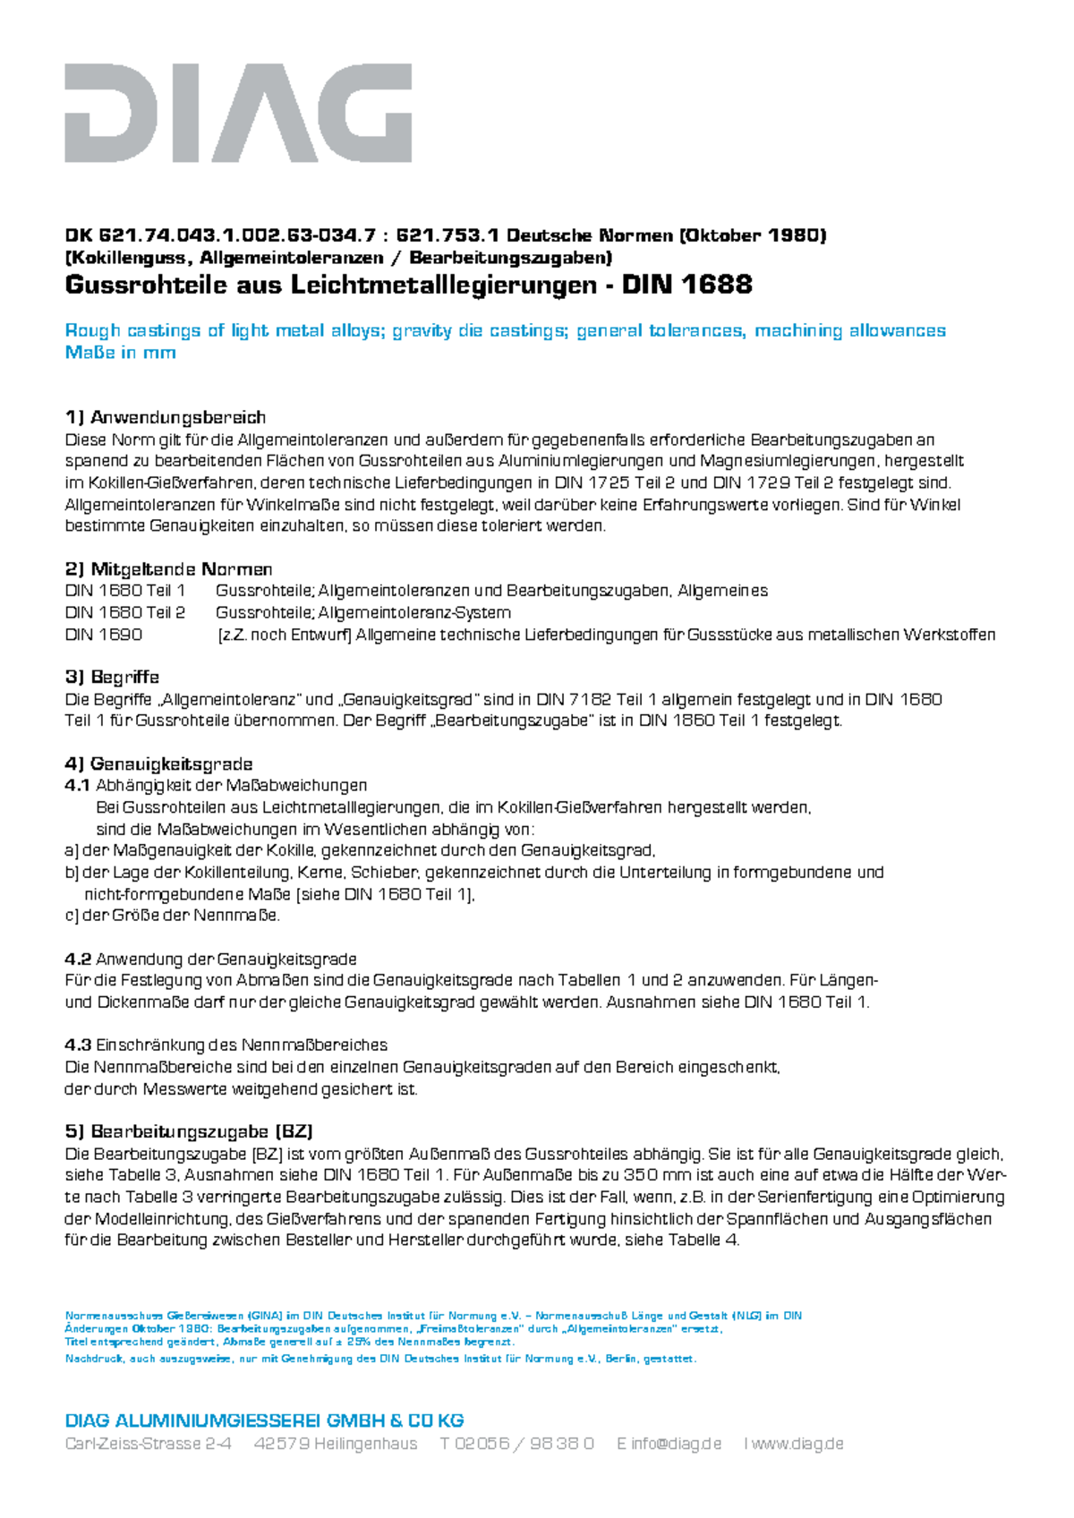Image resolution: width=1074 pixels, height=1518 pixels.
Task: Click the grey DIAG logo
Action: click(x=238, y=113)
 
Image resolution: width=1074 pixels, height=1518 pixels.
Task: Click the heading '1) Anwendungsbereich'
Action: click(x=166, y=417)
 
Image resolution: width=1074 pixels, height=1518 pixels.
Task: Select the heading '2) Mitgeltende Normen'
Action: click(x=168, y=569)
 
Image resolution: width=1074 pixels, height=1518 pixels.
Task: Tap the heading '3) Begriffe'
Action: click(x=112, y=677)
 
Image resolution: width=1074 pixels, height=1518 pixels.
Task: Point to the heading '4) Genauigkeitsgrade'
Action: click(x=158, y=763)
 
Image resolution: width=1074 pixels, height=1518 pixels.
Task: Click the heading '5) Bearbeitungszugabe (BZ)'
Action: click(x=189, y=1131)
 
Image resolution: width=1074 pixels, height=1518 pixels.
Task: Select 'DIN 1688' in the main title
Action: click(x=687, y=286)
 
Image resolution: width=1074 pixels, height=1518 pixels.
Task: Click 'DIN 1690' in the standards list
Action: click(x=103, y=635)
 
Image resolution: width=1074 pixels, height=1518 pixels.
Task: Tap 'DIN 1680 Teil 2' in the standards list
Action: click(x=125, y=613)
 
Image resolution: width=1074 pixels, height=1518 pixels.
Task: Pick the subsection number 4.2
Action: click(x=78, y=959)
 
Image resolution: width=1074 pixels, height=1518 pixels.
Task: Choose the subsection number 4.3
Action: click(x=78, y=1045)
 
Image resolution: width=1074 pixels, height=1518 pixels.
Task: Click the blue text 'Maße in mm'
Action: click(x=120, y=353)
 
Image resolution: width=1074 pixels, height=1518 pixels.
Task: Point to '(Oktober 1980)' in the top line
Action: click(x=753, y=235)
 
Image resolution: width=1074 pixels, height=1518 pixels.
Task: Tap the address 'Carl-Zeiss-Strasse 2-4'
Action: click(x=149, y=1444)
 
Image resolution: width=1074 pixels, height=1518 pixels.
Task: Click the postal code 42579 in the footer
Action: click(x=282, y=1444)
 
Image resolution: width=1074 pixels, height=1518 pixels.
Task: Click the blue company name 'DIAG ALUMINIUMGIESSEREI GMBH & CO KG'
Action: click(x=264, y=1420)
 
